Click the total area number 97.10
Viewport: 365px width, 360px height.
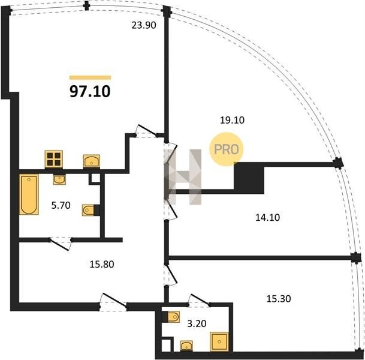[x=90, y=91]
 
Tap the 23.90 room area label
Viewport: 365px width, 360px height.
[x=144, y=25]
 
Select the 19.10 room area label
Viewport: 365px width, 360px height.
[x=232, y=120]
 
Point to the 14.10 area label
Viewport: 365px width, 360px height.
[x=268, y=217]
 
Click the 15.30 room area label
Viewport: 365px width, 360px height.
[x=279, y=298]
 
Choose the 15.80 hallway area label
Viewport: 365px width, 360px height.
[x=102, y=265]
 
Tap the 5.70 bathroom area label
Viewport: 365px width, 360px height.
[x=61, y=206]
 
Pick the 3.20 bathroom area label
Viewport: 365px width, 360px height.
[x=197, y=323]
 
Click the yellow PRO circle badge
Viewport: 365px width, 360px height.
[x=227, y=149]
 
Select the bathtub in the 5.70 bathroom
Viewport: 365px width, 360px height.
[x=29, y=194]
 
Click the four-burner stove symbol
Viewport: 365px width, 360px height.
[x=54, y=159]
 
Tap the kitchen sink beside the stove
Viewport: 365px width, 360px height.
[x=92, y=161]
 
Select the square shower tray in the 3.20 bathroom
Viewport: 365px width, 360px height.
[x=219, y=341]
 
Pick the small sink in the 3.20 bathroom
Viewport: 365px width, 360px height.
[x=186, y=346]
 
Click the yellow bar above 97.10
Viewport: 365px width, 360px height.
[x=91, y=77]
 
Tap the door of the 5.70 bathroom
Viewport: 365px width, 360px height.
[x=60, y=244]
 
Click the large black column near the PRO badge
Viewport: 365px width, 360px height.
[x=249, y=178]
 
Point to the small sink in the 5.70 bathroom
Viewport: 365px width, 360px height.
[x=59, y=179]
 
